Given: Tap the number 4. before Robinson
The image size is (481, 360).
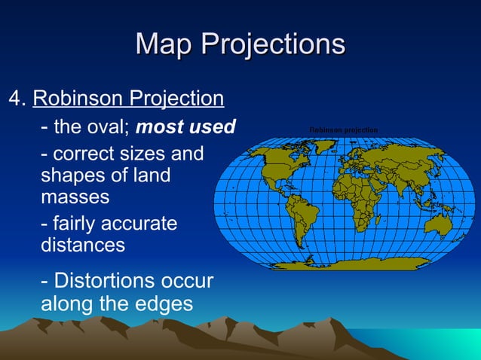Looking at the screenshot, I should pyautogui.click(x=17, y=99).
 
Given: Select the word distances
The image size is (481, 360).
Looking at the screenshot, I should pyautogui.click(x=82, y=246).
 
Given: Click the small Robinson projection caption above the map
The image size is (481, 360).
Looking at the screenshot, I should pyautogui.click(x=344, y=130).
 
